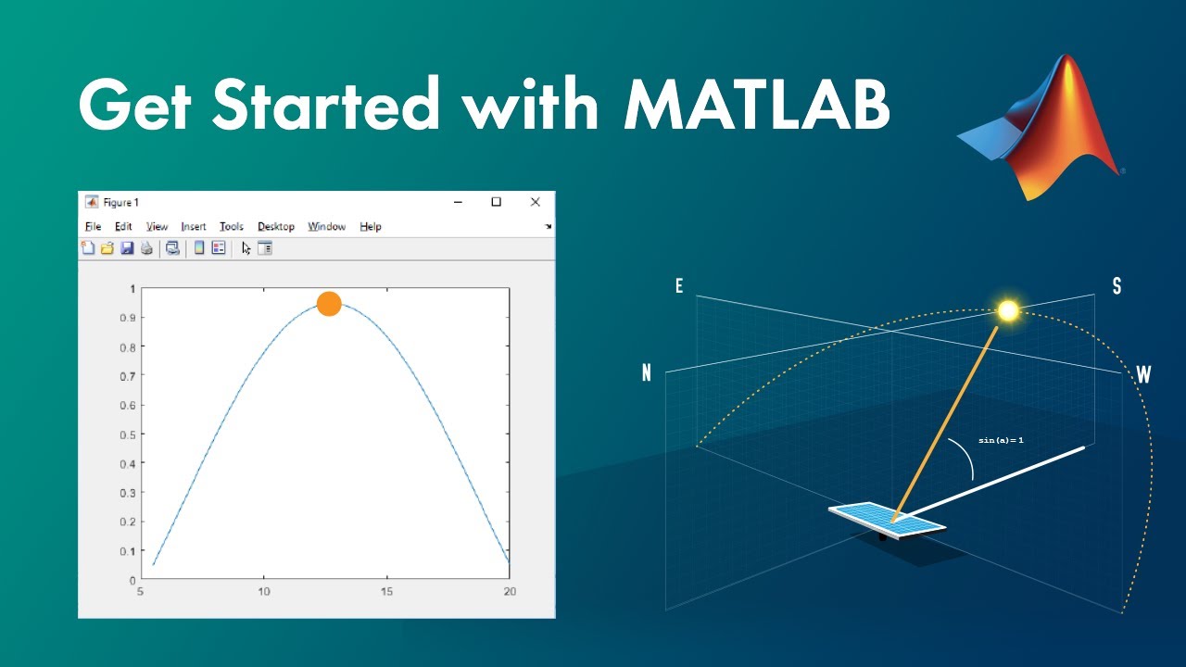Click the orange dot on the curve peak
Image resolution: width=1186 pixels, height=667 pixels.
[x=329, y=304]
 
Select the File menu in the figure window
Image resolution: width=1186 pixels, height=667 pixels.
[x=93, y=226]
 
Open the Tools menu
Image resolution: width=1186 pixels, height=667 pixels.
[x=231, y=226]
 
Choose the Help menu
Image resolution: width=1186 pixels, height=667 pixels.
[x=370, y=226]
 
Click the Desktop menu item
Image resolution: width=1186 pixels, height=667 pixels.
[x=275, y=226]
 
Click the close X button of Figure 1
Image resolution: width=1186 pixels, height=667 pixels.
[x=535, y=202]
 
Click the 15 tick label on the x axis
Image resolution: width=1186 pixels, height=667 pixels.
[x=386, y=591]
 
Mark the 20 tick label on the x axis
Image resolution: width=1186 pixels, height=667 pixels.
[x=509, y=591]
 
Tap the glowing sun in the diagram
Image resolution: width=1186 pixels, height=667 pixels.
[x=1008, y=310]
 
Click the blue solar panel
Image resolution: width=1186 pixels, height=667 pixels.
[x=887, y=519]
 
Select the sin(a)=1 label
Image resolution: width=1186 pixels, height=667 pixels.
[x=1001, y=440]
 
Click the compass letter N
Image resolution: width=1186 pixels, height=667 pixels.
[x=647, y=373]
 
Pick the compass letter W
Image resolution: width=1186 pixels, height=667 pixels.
[x=1143, y=375]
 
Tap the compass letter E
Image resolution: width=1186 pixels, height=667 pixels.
[x=679, y=286]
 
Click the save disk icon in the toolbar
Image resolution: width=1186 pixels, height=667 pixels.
[x=127, y=248]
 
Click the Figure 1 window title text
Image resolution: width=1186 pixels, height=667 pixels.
[x=120, y=202]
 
